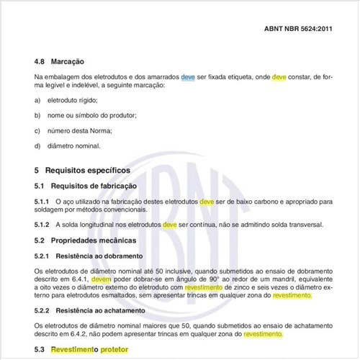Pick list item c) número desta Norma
[x=80, y=131]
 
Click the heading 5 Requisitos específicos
[x=82, y=171]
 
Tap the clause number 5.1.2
[x=44, y=225]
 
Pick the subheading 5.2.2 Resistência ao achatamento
[x=89, y=310]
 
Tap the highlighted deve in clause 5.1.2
[x=170, y=225]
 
